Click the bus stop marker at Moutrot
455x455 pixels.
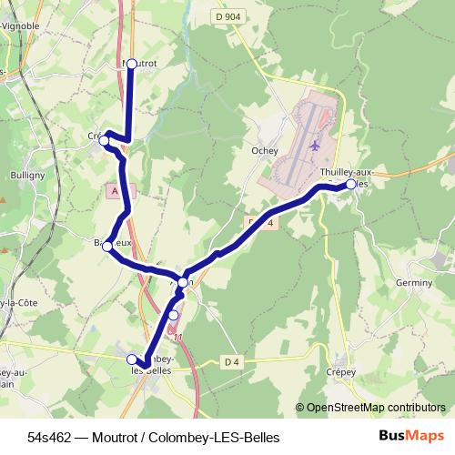(131, 64)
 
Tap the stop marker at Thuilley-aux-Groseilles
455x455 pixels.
(351, 184)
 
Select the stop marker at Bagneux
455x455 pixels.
(107, 246)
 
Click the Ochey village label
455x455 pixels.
(263, 151)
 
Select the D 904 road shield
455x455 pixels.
(229, 16)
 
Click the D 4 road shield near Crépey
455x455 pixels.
(232, 363)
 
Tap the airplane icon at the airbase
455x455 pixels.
(316, 145)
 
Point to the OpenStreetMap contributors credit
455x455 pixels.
(376, 408)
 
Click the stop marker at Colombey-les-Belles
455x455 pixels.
(133, 359)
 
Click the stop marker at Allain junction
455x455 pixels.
(183, 283)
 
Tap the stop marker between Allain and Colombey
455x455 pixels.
(174, 315)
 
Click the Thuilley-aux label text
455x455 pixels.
(347, 171)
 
